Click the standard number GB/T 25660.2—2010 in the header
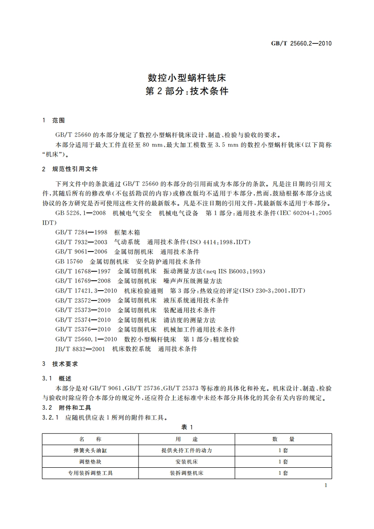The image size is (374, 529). tap(301, 43)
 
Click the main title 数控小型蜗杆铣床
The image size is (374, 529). tap(187, 78)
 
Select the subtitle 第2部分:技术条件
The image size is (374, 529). tap(187, 91)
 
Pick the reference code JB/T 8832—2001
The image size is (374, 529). tap(81, 349)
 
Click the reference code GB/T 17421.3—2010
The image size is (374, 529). tap(86, 291)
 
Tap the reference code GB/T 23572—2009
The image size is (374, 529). tap(82, 300)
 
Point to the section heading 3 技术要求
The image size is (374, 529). tap(60, 364)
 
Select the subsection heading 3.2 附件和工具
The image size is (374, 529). tap(66, 407)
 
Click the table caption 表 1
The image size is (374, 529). tap(187, 427)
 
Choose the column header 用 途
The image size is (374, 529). tap(187, 439)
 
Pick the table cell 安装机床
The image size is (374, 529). tap(187, 462)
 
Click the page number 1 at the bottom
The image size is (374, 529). tap(326, 485)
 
